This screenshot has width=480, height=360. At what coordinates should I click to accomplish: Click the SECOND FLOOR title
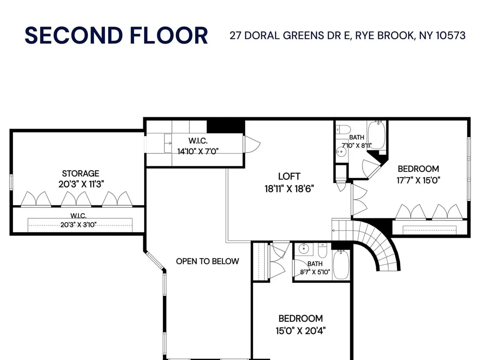116,35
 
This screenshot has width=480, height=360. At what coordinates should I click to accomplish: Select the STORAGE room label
81,174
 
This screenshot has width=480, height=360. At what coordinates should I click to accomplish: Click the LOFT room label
289,176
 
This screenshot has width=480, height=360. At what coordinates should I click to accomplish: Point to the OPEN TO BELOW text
207,261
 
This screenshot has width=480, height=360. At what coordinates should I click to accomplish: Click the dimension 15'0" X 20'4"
301,331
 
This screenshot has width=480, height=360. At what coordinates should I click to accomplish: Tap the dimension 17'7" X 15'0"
418,180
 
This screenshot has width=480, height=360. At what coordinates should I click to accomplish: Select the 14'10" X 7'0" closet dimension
198,151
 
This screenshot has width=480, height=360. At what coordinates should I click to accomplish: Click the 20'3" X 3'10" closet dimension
78,225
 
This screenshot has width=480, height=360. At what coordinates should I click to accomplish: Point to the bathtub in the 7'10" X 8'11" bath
376,135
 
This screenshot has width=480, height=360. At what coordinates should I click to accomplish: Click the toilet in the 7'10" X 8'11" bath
343,129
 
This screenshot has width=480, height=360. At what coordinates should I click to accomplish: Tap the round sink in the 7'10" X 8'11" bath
341,152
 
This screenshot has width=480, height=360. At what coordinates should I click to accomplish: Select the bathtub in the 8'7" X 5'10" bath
341,264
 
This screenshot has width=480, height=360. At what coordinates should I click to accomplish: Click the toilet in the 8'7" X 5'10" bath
322,251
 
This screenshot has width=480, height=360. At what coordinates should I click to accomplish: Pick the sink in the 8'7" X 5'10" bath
303,249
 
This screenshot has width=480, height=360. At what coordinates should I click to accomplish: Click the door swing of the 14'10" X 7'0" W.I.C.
252,144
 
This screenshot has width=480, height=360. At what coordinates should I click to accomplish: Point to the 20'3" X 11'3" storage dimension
81,184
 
